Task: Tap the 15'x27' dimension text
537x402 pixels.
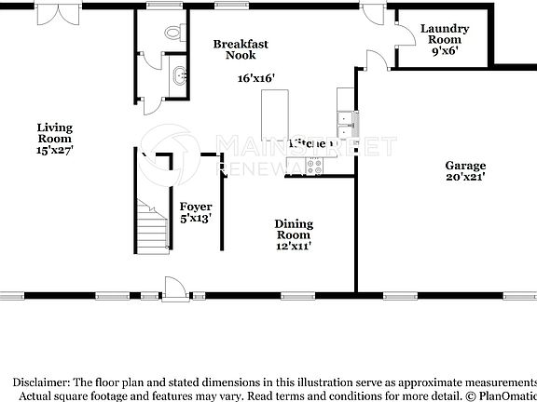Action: click(x=54, y=149)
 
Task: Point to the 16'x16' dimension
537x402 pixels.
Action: click(x=255, y=78)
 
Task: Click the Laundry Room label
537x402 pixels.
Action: click(x=444, y=34)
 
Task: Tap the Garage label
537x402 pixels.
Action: click(x=465, y=165)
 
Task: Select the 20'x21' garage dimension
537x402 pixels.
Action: click(x=465, y=177)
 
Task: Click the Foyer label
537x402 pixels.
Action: click(x=196, y=207)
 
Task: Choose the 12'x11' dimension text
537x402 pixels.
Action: click(x=293, y=247)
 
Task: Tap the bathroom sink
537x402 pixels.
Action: click(x=177, y=74)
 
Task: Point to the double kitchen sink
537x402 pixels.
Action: click(x=346, y=119)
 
